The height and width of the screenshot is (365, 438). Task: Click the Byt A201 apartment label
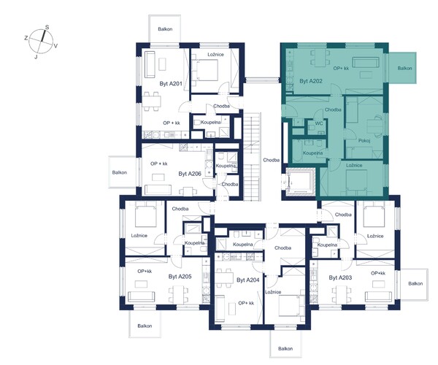171,83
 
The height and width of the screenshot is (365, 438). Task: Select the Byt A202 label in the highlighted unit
311,81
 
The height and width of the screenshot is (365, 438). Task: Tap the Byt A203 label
340,277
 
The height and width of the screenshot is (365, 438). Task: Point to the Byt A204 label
248,280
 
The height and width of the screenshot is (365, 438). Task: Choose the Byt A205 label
180,277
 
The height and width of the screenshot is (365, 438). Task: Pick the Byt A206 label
190,174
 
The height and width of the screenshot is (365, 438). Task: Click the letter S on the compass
47,27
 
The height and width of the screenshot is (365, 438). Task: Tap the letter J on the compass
36,57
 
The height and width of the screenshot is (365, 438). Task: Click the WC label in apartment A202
319,123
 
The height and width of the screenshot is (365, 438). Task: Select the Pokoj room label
364,141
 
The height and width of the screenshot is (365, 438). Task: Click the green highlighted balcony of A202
402,68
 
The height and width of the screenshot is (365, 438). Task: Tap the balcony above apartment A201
165,29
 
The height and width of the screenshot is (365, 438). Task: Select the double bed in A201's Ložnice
205,70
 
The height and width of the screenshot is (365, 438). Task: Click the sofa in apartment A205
141,296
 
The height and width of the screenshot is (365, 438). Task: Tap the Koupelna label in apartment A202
312,153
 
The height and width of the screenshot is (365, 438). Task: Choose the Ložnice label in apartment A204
273,292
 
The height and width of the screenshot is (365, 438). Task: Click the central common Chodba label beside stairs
272,160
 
